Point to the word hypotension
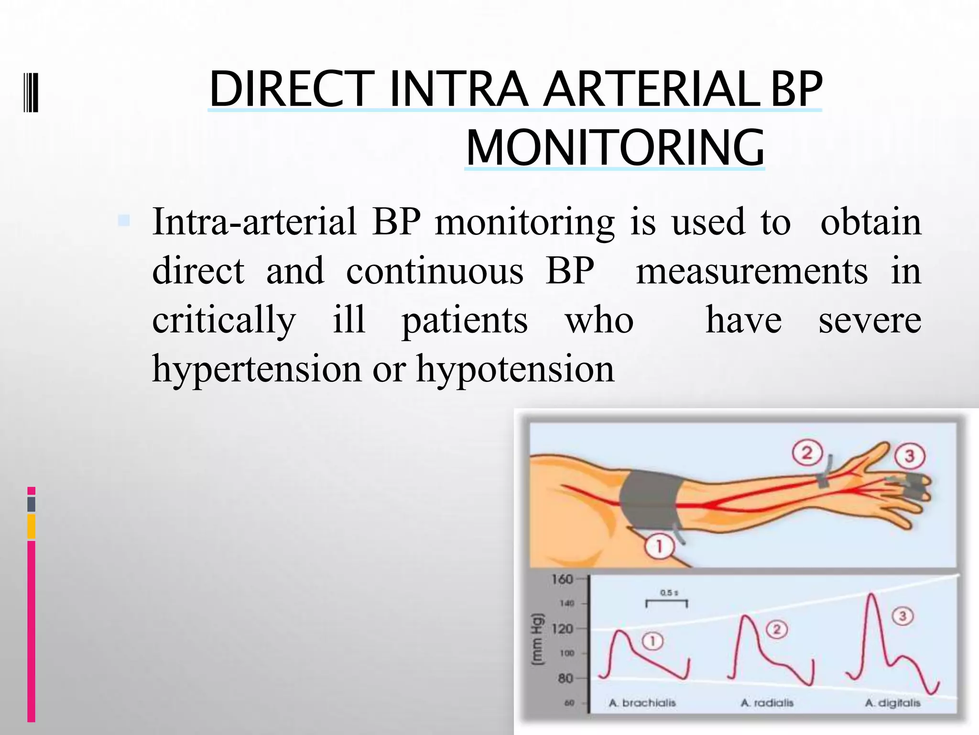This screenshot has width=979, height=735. point(515,369)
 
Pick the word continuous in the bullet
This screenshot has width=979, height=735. point(435,271)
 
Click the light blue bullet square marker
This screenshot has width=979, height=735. point(124,221)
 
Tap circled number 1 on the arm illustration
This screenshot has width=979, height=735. point(659,546)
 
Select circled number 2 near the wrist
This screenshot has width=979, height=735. point(807,452)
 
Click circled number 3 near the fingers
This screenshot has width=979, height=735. point(909,456)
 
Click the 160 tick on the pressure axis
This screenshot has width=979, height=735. point(562,579)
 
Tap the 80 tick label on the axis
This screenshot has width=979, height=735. point(565,678)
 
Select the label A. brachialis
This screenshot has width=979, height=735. point(642,703)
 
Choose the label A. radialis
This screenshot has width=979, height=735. point(767,703)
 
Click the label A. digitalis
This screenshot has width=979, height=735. point(892,703)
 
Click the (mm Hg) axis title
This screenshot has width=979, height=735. point(538,638)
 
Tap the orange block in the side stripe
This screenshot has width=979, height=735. point(32,527)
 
